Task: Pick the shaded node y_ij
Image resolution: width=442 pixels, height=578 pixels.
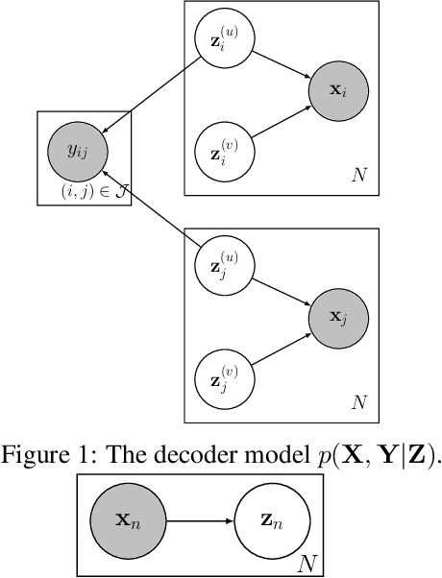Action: pyautogui.click(x=78, y=150)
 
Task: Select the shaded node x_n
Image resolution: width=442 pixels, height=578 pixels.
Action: pyautogui.click(x=130, y=521)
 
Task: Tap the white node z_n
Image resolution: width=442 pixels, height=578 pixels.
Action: pyautogui.click(x=272, y=521)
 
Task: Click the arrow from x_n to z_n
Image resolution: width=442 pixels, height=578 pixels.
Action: pyautogui.click(x=200, y=521)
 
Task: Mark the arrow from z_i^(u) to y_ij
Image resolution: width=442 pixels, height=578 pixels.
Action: pyautogui.click(x=152, y=95)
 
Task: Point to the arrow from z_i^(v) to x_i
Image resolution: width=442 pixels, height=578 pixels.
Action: pyautogui.click(x=282, y=122)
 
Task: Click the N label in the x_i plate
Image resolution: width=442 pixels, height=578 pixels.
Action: pyautogui.click(x=357, y=173)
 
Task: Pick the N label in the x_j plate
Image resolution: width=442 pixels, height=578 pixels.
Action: pyautogui.click(x=357, y=399)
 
